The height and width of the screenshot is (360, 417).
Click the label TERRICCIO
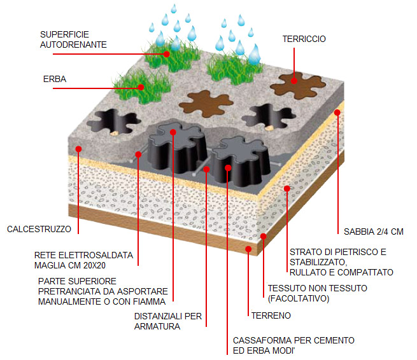point(304,39)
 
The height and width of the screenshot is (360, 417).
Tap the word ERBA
point(55,79)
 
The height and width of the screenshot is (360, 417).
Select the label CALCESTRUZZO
point(39,229)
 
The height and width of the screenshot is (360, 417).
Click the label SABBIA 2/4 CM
point(374,232)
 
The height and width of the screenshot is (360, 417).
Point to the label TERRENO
point(271,315)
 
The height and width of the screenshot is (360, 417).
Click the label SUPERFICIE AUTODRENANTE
point(73,39)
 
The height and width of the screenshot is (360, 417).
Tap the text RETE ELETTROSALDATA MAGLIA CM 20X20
point(84,260)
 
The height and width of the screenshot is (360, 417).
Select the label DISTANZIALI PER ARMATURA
point(168,321)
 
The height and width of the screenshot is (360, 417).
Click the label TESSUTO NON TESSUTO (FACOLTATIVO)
point(318,293)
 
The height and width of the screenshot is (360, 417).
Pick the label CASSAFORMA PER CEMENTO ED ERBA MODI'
point(293,345)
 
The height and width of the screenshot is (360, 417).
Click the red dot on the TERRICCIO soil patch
point(294,81)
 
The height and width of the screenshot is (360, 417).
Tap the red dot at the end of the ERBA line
point(141,87)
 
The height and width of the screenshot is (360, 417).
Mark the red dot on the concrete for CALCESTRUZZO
point(78,149)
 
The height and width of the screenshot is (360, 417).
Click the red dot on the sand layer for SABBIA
point(337,113)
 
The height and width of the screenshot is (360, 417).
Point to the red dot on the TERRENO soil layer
point(248,249)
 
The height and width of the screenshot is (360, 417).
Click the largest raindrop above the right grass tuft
point(255,55)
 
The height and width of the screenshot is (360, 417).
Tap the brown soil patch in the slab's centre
point(206,103)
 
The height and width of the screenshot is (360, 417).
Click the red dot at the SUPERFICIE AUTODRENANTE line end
point(166,54)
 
